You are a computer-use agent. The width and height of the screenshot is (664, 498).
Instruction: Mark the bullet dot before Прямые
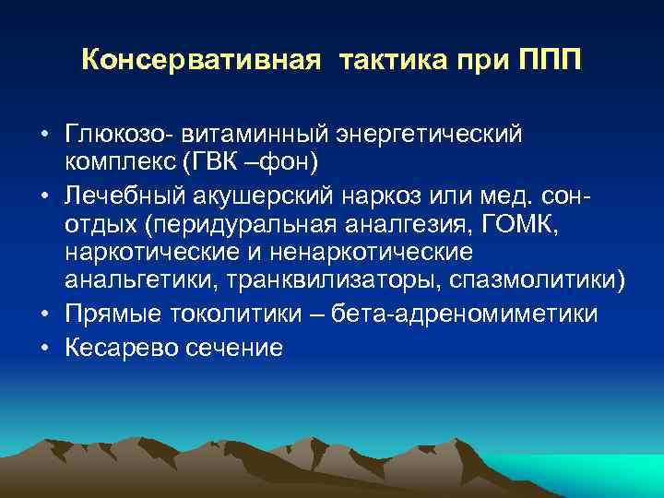point(44,314)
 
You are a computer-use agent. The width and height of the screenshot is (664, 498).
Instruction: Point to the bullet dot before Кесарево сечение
point(44,349)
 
